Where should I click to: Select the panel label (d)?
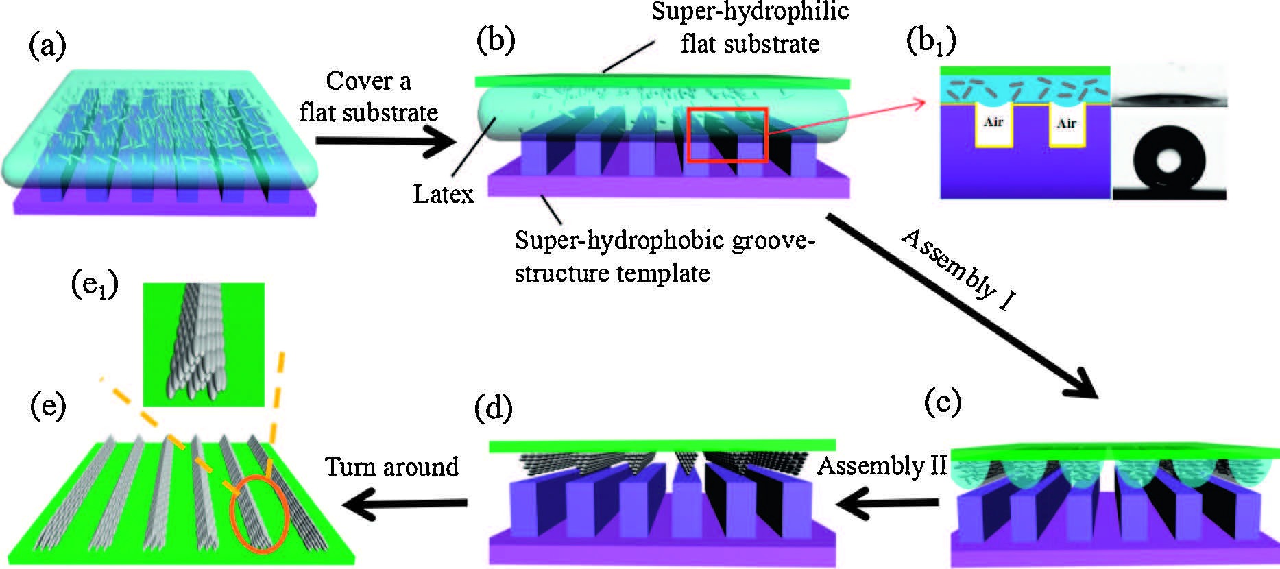click(x=494, y=409)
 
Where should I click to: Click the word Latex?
click(x=444, y=195)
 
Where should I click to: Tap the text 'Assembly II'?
click(x=881, y=466)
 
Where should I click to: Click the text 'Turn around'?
click(x=391, y=467)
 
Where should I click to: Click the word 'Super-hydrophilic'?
click(x=750, y=12)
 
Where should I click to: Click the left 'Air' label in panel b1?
click(x=993, y=122)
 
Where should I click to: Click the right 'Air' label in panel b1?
click(x=1066, y=123)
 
